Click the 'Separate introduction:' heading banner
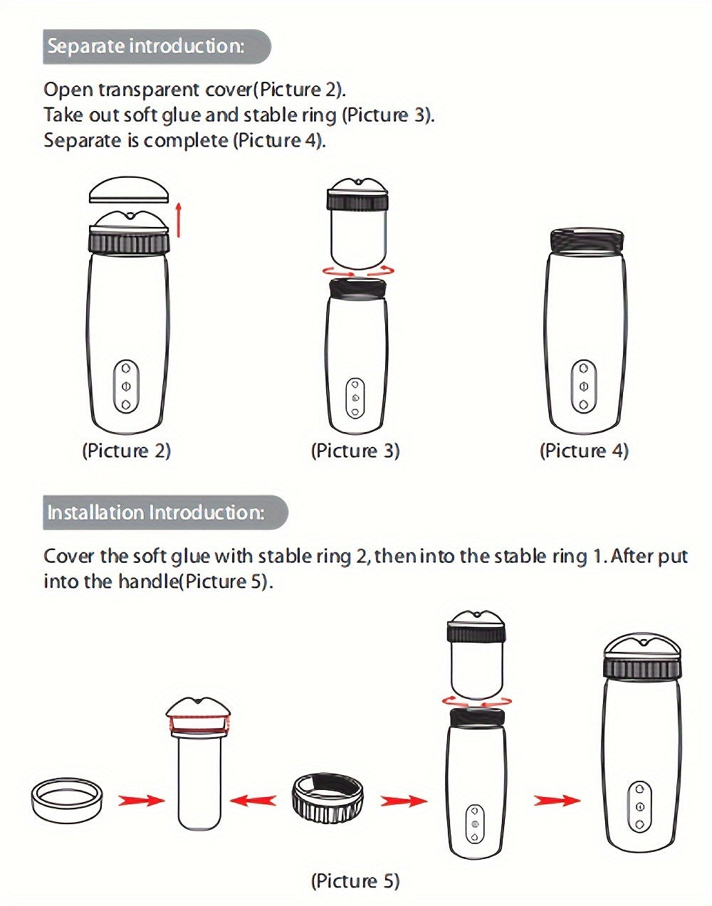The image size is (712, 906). tap(157, 46)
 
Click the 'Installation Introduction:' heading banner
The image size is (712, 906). tap(166, 512)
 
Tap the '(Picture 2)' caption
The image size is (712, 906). tap(127, 451)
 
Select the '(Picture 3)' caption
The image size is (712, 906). tap(355, 451)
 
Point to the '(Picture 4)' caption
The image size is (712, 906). tap(584, 451)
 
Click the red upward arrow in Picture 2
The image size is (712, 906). tap(179, 220)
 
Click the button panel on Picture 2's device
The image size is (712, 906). tap(126, 386)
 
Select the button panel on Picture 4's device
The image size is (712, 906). tap(584, 386)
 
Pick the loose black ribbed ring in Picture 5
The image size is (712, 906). tap(327, 797)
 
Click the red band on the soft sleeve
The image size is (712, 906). tap(199, 725)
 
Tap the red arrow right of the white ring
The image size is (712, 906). tap(141, 801)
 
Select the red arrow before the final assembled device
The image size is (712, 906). tap(557, 800)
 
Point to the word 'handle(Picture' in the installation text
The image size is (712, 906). tap(181, 581)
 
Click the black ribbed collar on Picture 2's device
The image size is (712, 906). tap(130, 243)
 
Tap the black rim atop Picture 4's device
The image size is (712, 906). tap(587, 241)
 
